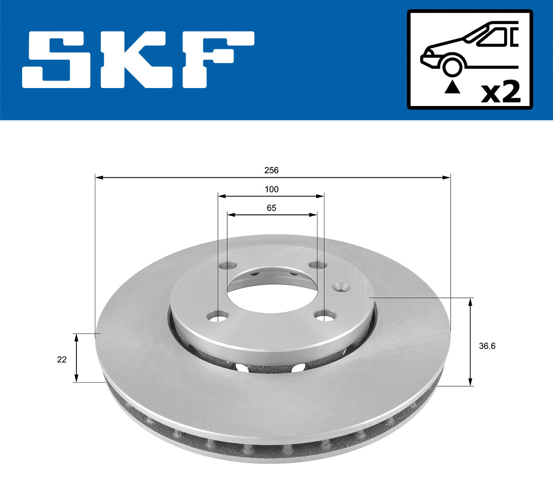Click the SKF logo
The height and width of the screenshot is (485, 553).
click(138, 59)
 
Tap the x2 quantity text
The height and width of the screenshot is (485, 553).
click(501, 92)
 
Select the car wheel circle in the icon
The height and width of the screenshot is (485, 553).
click(452, 66)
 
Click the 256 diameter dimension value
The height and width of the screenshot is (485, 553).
click(271, 170)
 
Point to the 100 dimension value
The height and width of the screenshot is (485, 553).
click(271, 189)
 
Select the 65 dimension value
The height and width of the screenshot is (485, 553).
click(271, 208)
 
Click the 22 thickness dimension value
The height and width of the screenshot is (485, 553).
click(62, 360)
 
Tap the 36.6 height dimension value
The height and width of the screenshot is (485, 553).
click(487, 346)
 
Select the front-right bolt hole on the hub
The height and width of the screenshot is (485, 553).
click(324, 316)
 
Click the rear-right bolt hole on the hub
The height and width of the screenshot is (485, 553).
click(317, 265)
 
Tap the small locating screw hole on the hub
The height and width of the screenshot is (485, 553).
click(341, 287)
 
